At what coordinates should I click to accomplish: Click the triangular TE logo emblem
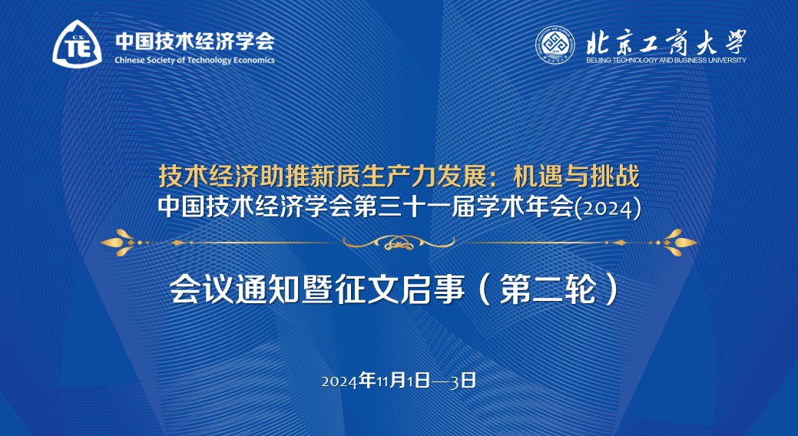(77, 45)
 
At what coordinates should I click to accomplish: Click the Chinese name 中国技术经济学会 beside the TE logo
(195, 41)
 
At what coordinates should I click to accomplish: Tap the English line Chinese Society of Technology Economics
(194, 61)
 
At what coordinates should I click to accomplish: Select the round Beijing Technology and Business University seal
(555, 45)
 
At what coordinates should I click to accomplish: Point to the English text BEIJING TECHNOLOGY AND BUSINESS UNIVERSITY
(666, 60)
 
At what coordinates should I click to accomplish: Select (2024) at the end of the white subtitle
(608, 209)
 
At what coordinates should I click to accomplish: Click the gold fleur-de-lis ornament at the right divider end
(679, 243)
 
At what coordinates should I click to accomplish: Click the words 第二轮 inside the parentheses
(548, 289)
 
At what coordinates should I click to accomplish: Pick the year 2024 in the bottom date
(340, 381)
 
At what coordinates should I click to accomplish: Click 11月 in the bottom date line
(383, 381)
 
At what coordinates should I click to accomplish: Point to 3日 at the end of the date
(462, 381)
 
